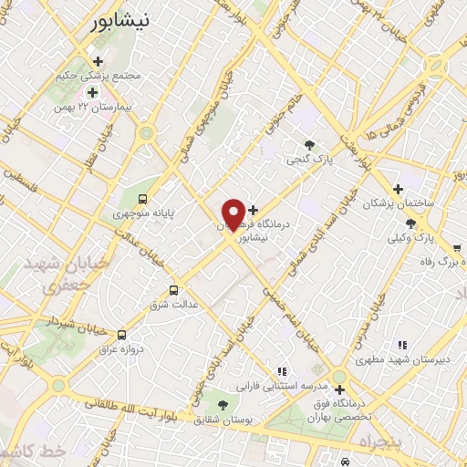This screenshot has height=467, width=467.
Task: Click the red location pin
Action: point(233,214)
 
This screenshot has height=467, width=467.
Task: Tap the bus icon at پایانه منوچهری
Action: point(142,198)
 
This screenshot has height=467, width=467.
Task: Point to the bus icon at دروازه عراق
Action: point(122,335)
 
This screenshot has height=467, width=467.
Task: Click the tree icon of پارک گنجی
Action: point(310,145)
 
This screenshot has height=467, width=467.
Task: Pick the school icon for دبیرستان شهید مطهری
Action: point(400,344)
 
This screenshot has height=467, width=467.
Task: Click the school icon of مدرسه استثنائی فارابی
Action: point(282,370)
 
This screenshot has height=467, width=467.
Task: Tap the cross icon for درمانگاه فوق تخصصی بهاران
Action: point(339,389)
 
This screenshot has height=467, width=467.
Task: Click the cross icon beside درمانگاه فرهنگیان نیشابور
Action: point(254,210)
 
